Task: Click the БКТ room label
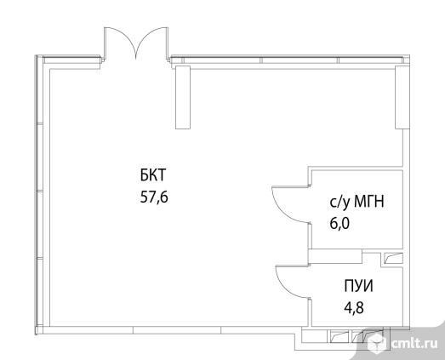[x=152, y=174]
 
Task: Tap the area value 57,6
[x=154, y=197]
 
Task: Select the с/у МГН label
[x=357, y=203]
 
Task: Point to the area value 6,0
[x=339, y=224]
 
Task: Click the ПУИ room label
[x=358, y=286]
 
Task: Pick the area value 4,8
[x=354, y=308]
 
